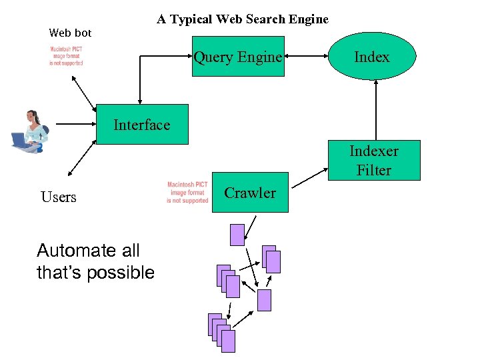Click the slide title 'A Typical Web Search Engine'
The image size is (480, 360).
click(x=243, y=19)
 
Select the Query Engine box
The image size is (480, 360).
click(x=238, y=57)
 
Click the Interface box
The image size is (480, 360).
click(x=142, y=125)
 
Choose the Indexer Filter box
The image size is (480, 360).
click(x=374, y=160)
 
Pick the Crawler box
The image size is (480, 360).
click(x=250, y=193)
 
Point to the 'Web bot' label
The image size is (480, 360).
click(x=70, y=33)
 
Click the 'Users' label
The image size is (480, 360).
click(x=59, y=197)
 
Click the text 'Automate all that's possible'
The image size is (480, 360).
click(x=95, y=261)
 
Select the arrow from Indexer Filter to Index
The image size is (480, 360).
click(x=376, y=110)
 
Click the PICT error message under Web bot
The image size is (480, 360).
click(x=67, y=56)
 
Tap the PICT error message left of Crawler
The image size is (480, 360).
click(x=187, y=193)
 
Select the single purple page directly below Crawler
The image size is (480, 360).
click(x=237, y=235)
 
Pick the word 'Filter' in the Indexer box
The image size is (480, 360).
click(x=374, y=171)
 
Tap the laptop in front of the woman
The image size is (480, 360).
click(x=20, y=141)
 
